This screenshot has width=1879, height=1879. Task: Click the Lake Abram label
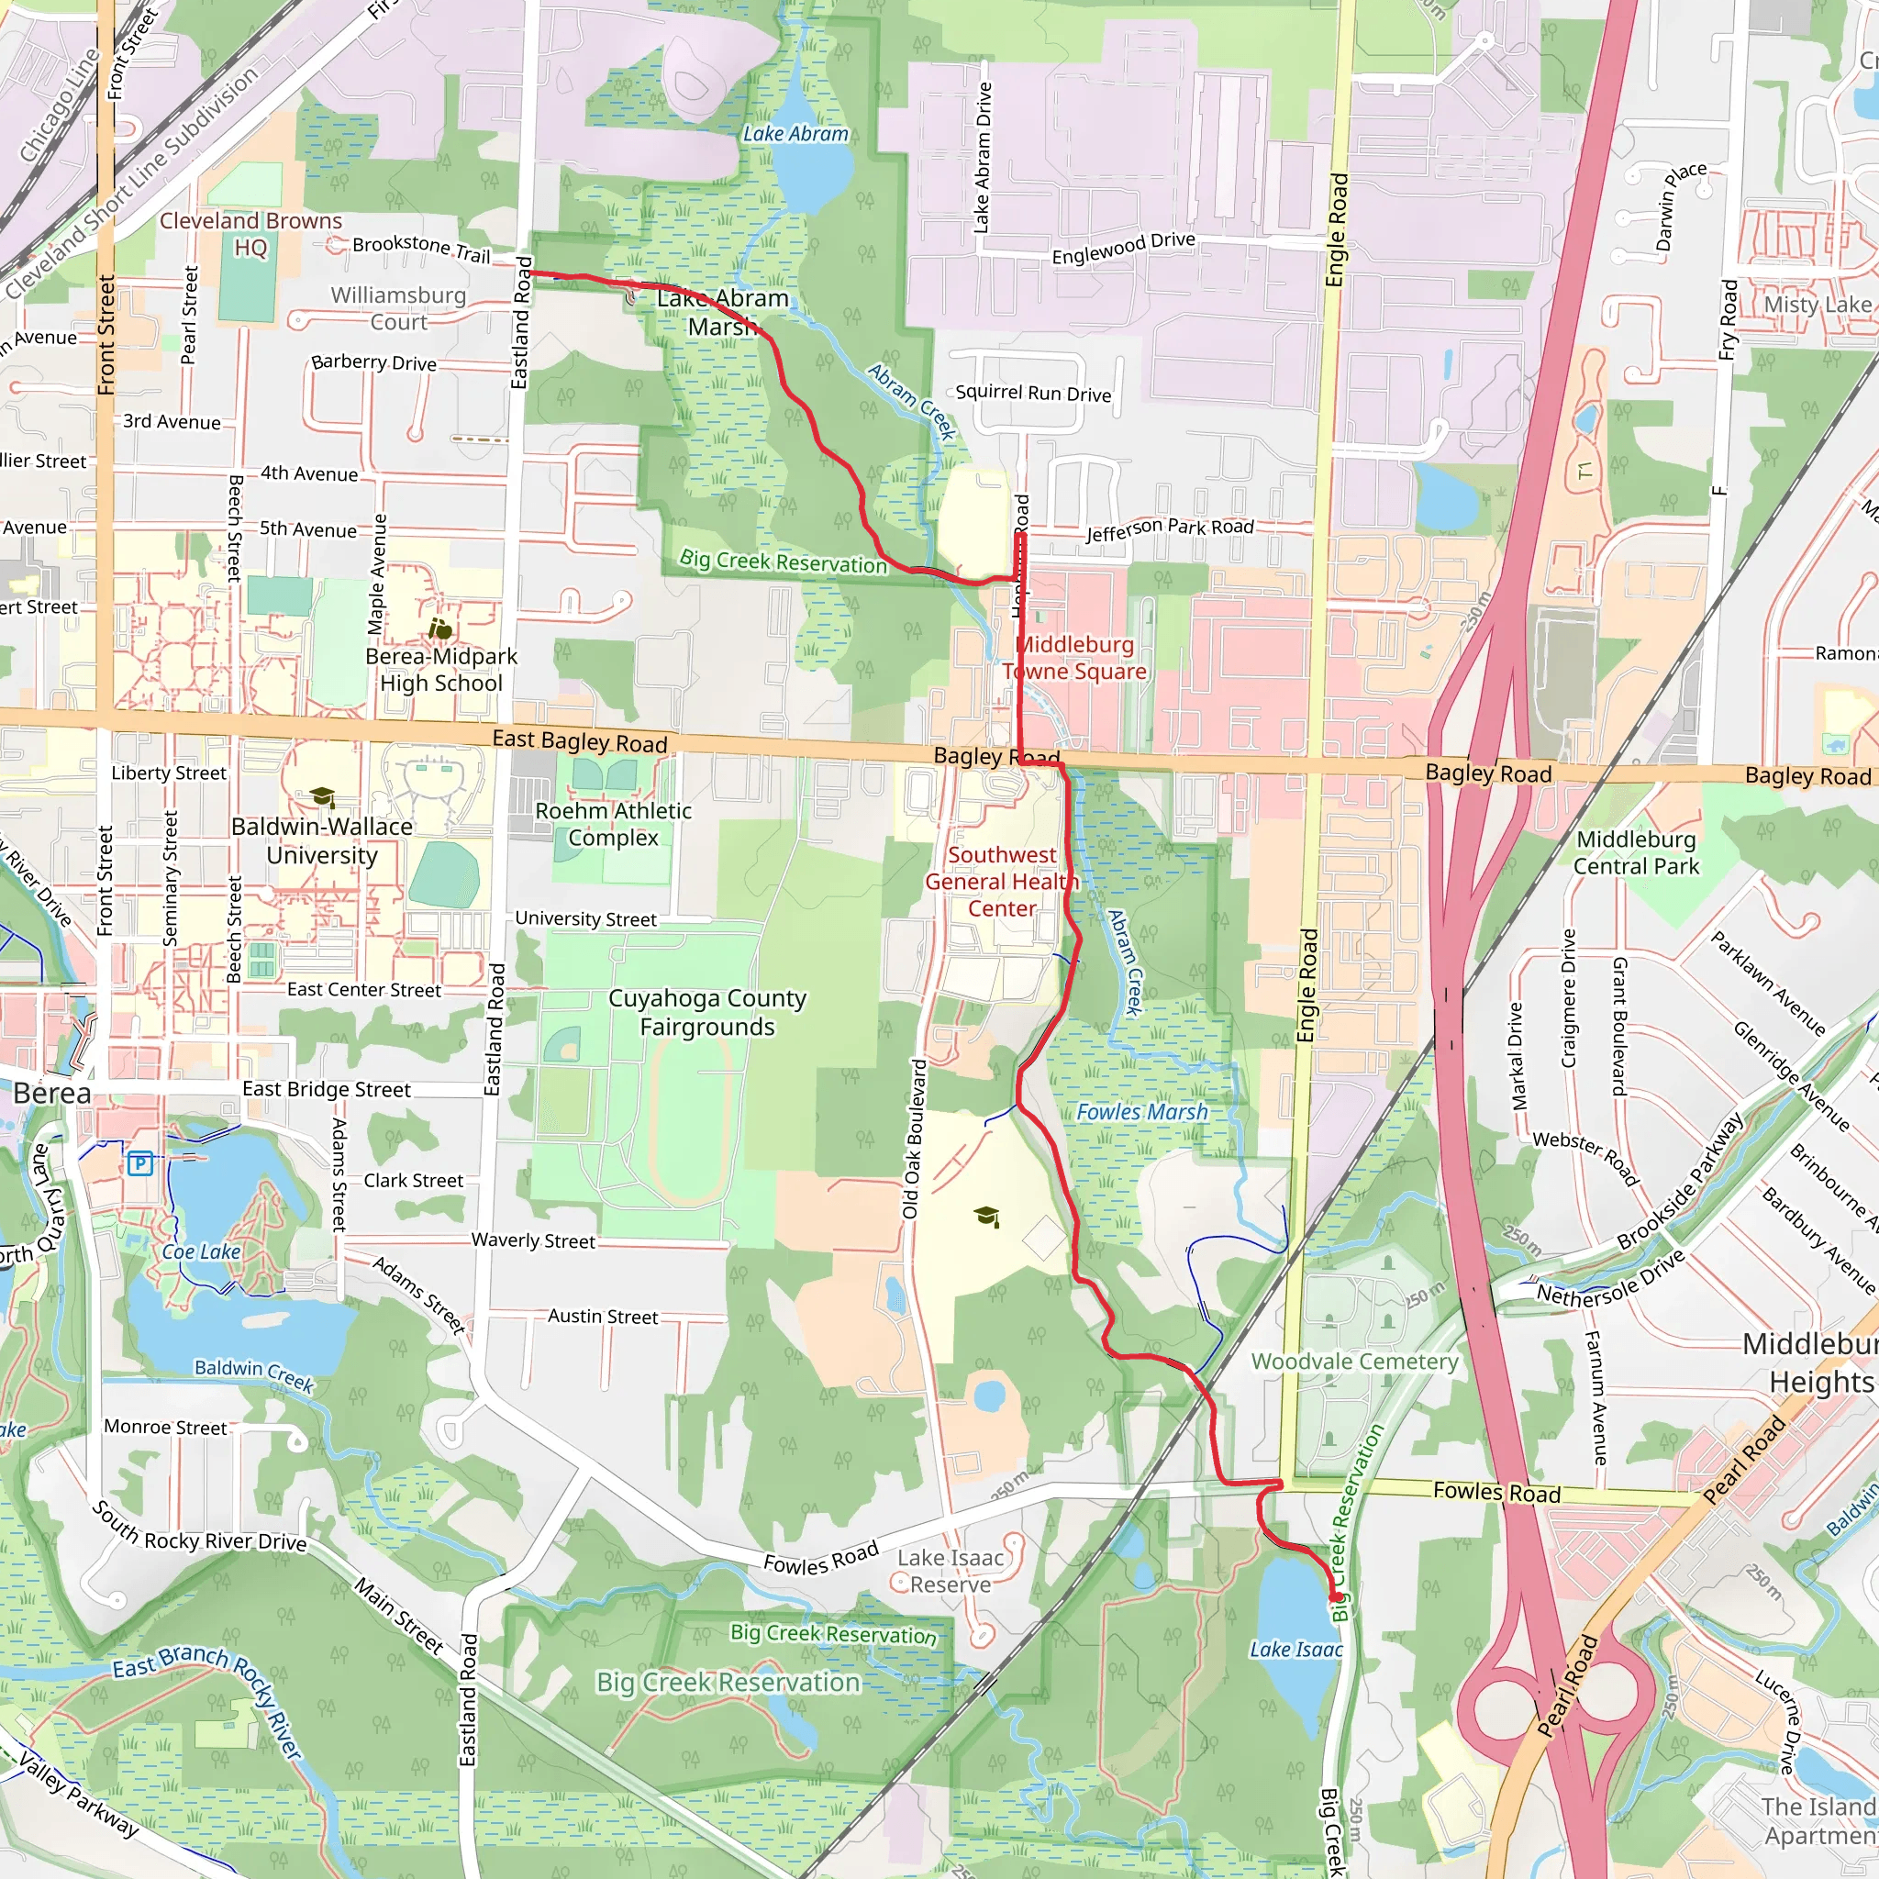tap(795, 134)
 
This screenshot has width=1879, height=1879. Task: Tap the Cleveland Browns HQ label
tap(250, 234)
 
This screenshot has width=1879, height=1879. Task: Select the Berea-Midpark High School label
tap(441, 670)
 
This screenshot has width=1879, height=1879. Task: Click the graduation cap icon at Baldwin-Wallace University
tap(323, 797)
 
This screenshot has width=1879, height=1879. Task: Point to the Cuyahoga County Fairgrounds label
tap(707, 1013)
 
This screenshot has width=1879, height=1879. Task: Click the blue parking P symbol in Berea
tap(140, 1163)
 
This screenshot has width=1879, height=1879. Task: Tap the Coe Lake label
tap(200, 1251)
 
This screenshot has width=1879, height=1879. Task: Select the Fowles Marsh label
tap(1141, 1112)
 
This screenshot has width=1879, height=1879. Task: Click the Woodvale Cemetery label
tap(1355, 1362)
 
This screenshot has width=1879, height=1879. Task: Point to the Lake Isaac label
tap(1295, 1650)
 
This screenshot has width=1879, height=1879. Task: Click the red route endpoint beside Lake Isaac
tap(1334, 1596)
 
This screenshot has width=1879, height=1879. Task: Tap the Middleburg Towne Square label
tap(1074, 658)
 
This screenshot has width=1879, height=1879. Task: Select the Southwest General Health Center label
tap(1002, 881)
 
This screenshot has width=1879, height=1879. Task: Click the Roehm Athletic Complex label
tap(614, 824)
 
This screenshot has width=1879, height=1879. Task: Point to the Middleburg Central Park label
tap(1636, 853)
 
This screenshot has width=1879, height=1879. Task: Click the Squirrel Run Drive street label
tap(1033, 393)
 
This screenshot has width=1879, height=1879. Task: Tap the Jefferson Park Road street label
tap(1170, 529)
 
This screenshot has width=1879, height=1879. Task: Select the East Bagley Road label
tap(580, 742)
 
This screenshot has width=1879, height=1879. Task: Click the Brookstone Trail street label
tap(421, 248)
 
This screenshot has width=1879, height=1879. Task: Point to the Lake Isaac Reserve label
tap(951, 1571)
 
